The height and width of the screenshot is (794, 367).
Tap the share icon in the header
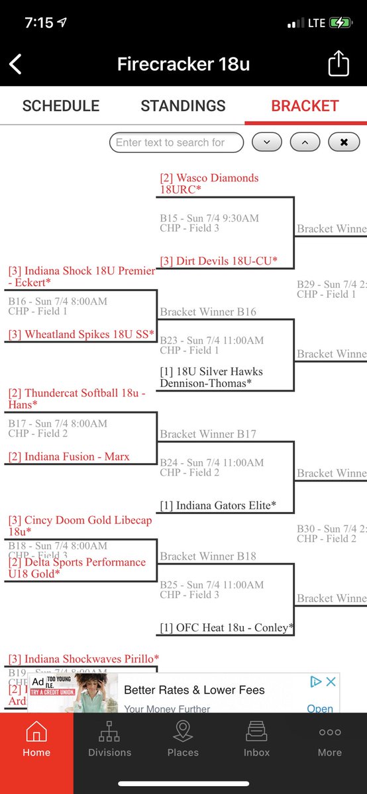pos(338,64)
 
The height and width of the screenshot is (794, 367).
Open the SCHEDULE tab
pos(61,106)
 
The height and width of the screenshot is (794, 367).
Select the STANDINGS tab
pos(183,106)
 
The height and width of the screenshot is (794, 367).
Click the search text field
pos(176,142)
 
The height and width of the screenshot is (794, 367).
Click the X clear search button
pos(344,142)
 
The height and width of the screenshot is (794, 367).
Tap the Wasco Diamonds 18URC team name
pos(209,183)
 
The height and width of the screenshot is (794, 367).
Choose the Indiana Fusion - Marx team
pos(69,457)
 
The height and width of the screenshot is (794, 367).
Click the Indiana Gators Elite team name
pos(218,506)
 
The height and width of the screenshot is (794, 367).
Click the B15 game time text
pos(209,218)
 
